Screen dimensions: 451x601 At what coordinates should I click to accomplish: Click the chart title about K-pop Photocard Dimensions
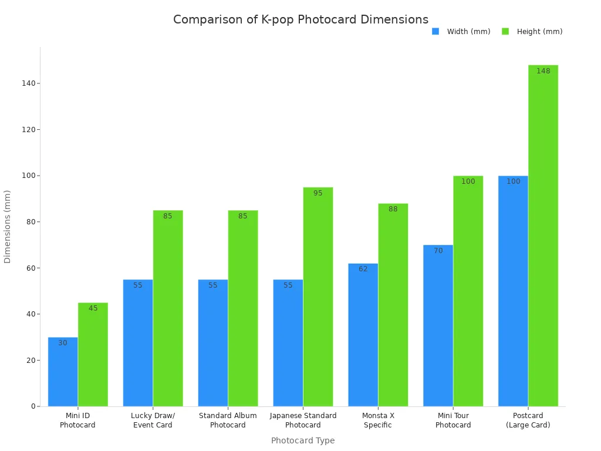click(x=300, y=19)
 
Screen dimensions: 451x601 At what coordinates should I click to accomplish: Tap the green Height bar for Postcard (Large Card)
click(x=543, y=235)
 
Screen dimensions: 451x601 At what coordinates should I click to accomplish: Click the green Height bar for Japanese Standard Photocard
click(x=318, y=297)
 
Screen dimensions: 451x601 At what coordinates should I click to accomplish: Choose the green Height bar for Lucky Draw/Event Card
click(x=168, y=308)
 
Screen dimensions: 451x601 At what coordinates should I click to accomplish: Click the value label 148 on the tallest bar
click(x=543, y=71)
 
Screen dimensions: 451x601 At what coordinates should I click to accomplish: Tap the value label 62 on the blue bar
click(x=363, y=269)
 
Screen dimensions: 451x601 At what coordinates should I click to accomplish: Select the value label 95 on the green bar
click(x=318, y=193)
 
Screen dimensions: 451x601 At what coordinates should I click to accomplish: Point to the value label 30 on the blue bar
click(x=63, y=343)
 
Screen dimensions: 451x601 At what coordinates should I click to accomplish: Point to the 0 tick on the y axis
click(x=33, y=406)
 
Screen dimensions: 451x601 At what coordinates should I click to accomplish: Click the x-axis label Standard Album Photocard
click(x=228, y=420)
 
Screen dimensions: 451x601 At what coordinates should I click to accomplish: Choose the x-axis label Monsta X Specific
click(x=378, y=420)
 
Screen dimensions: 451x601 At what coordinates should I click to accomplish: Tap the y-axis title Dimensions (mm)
click(x=8, y=226)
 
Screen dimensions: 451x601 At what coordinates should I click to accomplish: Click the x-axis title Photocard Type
click(x=303, y=440)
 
